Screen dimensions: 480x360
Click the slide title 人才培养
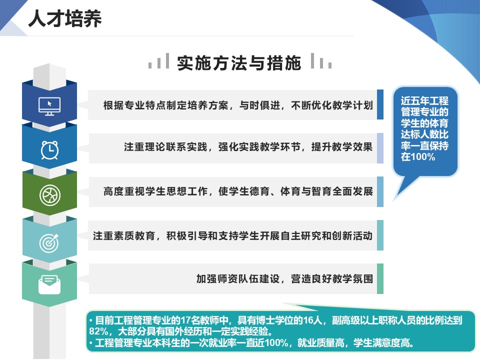coord(65,19)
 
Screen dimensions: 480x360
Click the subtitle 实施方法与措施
coord(239,63)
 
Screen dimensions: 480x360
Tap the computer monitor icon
coord(49,106)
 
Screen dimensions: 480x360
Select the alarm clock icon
coord(49,150)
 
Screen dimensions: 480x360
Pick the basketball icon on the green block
coord(49,195)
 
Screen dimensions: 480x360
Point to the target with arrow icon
coord(49,243)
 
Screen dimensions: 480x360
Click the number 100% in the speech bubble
coord(422,157)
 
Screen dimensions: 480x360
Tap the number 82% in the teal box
coord(98,331)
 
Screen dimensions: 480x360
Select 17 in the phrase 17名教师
coord(185,320)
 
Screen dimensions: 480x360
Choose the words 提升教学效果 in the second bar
coord(341,147)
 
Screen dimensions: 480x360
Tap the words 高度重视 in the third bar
coord(124,191)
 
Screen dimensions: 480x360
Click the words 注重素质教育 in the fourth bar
coord(123,235)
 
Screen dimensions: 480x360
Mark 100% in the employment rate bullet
coord(276,342)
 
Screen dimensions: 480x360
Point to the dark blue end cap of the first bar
coord(380,104)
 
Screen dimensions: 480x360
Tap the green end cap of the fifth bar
coord(380,278)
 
